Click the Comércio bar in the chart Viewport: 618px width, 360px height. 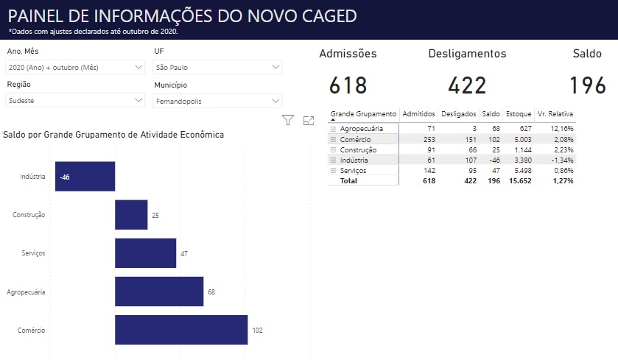(180, 330)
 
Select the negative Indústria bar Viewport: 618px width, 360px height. (85, 177)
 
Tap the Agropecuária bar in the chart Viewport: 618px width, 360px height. (158, 292)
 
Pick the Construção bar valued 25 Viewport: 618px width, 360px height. (131, 215)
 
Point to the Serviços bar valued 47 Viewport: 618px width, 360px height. (145, 253)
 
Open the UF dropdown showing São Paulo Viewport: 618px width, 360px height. (217, 67)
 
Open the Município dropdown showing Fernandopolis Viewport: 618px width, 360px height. (217, 101)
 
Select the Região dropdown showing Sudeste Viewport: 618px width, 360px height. (74, 100)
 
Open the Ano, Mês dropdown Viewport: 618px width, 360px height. (74, 67)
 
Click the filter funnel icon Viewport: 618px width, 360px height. (288, 120)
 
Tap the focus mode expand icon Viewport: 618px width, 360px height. (309, 120)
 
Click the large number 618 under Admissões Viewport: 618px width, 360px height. (348, 85)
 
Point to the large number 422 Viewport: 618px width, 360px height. (467, 85)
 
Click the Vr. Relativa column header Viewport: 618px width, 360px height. (555, 114)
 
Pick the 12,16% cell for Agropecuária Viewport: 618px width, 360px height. (561, 128)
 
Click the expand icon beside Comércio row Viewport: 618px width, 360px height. (333, 139)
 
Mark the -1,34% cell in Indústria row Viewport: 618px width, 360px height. (561, 160)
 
